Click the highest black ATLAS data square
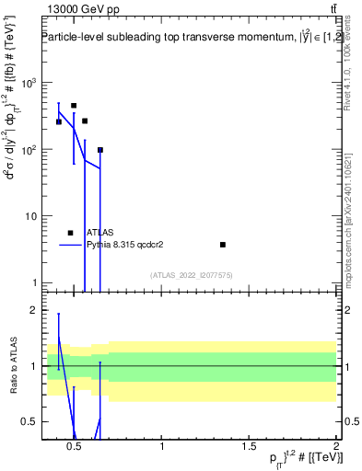pos(74,106)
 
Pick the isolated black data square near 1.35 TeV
pos(223,245)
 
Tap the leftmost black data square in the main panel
pos(59,121)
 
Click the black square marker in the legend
pos(70,233)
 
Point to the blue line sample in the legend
pos(70,245)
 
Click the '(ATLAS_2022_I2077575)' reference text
pos(190,274)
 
